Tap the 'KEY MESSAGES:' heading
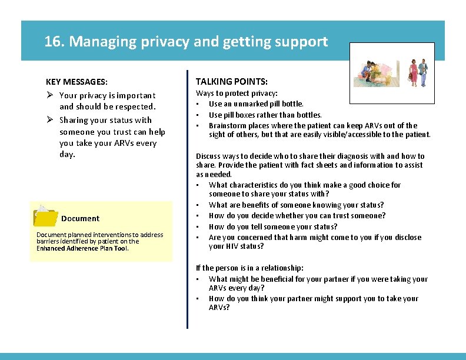tap(76, 82)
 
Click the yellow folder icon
tap(45, 216)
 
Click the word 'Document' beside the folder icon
tap(80, 218)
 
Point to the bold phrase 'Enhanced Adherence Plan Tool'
tap(82, 248)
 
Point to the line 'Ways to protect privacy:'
tap(237, 94)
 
